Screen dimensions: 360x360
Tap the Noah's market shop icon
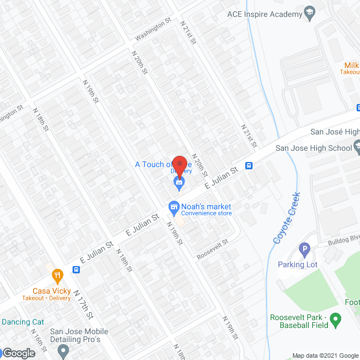pos(174,208)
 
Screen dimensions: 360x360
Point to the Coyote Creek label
pos(287,218)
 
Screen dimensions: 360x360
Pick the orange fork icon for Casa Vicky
pos(57,276)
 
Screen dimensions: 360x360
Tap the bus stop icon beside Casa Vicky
pos(75,269)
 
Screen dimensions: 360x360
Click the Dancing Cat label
pos(22,322)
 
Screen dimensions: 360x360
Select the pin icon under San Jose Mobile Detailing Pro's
pos(63,352)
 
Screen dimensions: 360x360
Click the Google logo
pos(18,353)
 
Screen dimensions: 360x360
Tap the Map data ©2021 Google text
pos(325,355)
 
